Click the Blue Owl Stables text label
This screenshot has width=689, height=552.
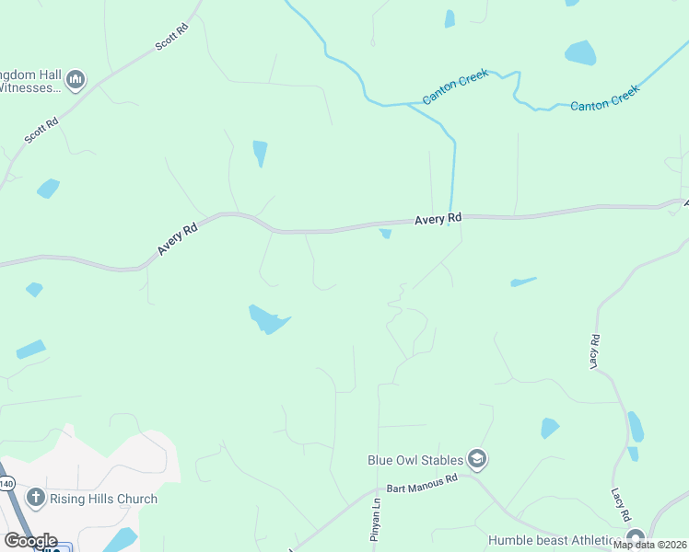(x=415, y=458)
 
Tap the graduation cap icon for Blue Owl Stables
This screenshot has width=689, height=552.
(x=477, y=458)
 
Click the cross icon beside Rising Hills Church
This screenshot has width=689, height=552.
(x=36, y=499)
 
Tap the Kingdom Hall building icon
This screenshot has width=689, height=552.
(x=76, y=80)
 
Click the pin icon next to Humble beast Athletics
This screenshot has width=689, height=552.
(x=634, y=538)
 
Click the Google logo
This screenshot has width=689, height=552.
(x=29, y=541)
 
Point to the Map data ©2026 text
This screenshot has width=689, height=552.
(x=649, y=545)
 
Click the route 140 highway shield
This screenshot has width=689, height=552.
(x=7, y=484)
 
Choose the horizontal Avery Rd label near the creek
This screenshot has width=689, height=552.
(x=438, y=219)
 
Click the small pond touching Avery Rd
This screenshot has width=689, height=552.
(x=385, y=234)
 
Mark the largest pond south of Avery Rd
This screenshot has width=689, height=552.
(x=268, y=319)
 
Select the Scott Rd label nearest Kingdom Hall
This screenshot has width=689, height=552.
(x=41, y=130)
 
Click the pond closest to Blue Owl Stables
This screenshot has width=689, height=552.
(x=550, y=428)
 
